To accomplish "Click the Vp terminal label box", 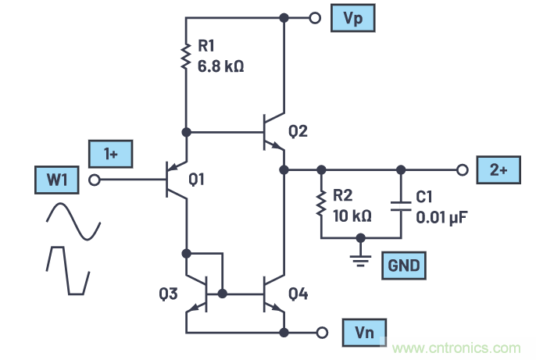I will (351, 17).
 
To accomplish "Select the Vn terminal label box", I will (364, 331).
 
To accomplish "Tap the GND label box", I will (403, 266).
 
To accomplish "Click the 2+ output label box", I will (498, 169).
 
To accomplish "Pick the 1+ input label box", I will (110, 155).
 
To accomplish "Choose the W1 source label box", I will (55, 180).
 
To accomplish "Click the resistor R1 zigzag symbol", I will (186, 56).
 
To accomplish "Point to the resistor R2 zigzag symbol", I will (320, 203).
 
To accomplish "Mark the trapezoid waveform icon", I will (67, 270).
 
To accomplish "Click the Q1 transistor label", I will (198, 180).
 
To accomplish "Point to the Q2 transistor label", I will (298, 132).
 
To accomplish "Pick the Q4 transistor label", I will (298, 294).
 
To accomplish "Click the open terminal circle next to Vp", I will (315, 17).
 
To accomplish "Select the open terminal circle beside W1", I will (95, 180).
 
